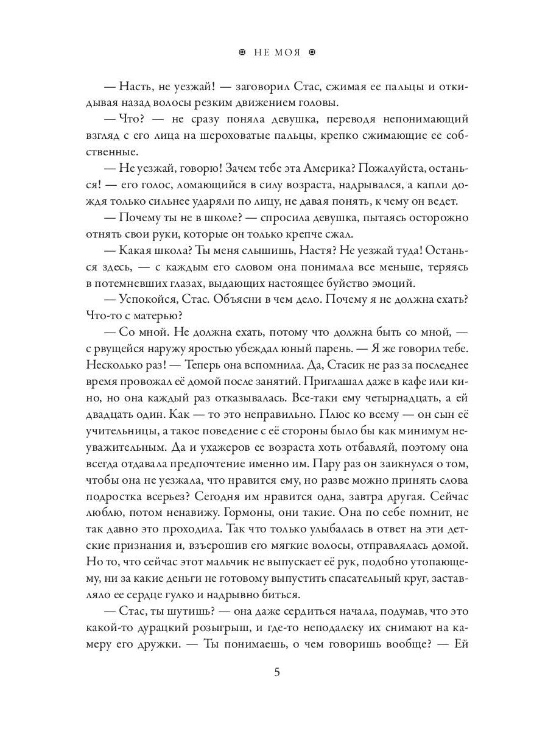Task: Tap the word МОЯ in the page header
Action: click(287, 53)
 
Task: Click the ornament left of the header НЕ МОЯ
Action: click(242, 53)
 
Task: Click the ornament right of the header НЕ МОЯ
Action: click(313, 53)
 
